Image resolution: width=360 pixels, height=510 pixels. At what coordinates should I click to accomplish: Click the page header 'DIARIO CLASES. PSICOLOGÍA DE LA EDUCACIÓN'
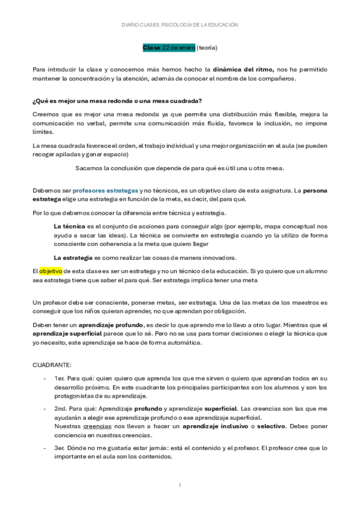(180, 25)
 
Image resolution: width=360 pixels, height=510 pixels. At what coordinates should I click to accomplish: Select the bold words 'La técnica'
(70, 224)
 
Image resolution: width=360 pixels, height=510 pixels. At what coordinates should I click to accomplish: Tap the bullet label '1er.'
(59, 378)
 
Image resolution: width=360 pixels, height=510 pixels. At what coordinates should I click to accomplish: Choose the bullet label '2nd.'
(61, 408)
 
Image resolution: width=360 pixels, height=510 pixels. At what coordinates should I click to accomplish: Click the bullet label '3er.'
(60, 448)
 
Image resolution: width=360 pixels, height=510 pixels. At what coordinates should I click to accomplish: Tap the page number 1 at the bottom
(180, 485)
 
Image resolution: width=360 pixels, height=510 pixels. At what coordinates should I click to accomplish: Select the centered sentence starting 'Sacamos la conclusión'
(180, 168)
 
